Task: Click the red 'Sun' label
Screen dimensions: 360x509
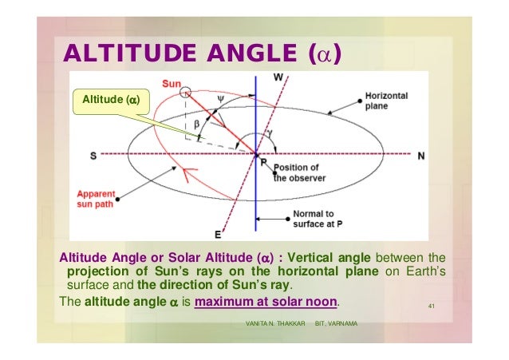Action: (x=171, y=83)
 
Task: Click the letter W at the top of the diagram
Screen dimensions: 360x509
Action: (x=278, y=77)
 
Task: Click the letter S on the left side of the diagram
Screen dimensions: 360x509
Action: (x=93, y=156)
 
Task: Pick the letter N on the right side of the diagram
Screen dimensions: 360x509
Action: (x=420, y=156)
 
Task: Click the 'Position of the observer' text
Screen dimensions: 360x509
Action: (x=296, y=173)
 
